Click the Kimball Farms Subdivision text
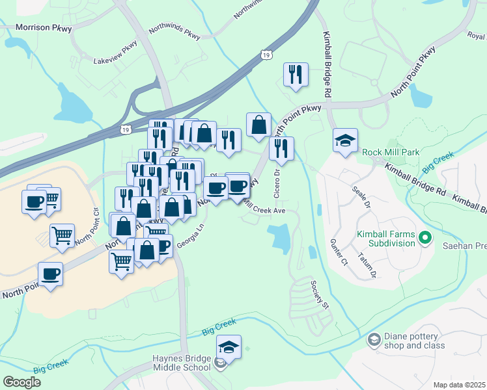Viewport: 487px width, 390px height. click(x=385, y=239)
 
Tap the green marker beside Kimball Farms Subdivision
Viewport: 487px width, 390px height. click(x=426, y=237)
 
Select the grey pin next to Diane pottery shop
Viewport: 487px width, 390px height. click(x=374, y=339)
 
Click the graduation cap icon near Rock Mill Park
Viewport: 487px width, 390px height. click(x=345, y=140)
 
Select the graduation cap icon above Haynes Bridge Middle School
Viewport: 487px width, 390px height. click(x=229, y=347)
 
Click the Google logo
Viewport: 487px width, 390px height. click(x=21, y=382)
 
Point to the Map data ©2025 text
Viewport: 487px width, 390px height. click(x=459, y=385)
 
